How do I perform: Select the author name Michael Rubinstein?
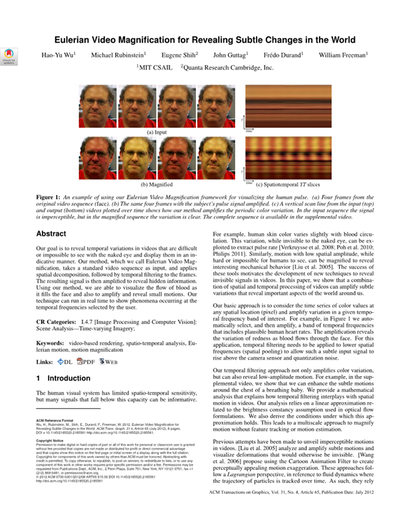tap(118, 54)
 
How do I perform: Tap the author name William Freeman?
tap(343, 54)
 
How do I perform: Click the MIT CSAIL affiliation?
tap(154, 67)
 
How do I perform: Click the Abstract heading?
tap(51, 215)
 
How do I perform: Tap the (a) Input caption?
tap(156, 133)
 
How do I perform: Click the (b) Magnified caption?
tap(156, 184)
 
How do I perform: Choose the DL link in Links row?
tap(64, 362)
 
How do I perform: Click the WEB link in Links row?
tap(108, 362)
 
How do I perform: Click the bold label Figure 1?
tap(48, 197)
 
